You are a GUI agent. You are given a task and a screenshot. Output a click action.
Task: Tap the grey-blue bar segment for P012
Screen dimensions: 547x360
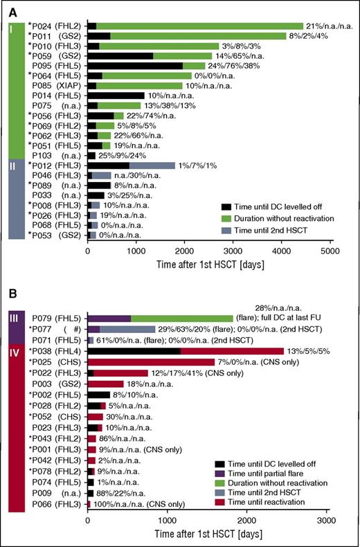click(x=152, y=166)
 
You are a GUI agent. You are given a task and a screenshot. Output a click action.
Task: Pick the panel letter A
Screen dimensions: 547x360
click(x=9, y=8)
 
